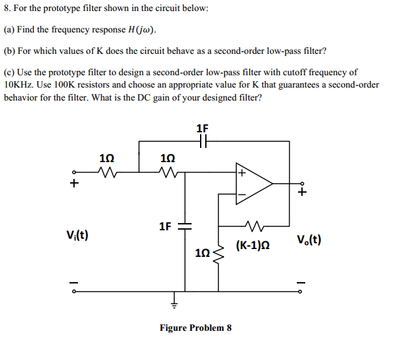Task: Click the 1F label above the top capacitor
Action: tap(202, 128)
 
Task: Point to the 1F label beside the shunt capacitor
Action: tap(166, 226)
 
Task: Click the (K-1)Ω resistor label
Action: tap(253, 246)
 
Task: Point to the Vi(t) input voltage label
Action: tap(77, 234)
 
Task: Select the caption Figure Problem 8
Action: tap(195, 328)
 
